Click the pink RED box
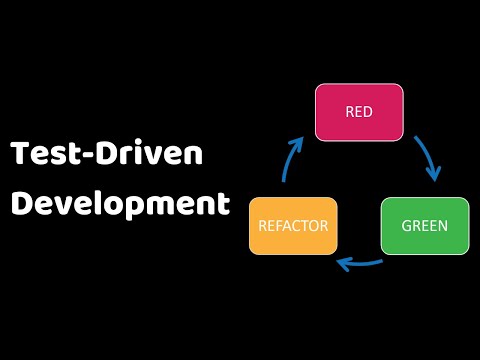click(359, 112)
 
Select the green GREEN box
click(424, 225)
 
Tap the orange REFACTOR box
click(293, 225)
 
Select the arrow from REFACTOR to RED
click(291, 160)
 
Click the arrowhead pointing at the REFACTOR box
click(344, 263)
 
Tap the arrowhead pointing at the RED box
click(298, 142)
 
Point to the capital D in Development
click(21, 203)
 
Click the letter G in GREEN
click(406, 225)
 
